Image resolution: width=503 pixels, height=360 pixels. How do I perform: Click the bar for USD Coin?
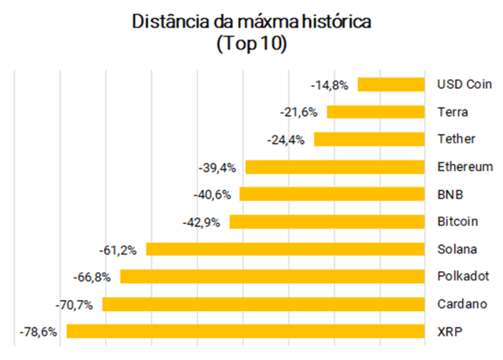[391, 84]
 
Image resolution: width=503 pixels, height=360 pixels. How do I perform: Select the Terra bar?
[376, 112]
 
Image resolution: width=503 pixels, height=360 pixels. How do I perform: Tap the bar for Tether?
[370, 139]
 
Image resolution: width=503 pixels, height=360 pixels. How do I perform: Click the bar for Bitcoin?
[327, 221]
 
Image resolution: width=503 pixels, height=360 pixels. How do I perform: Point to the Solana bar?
[286, 249]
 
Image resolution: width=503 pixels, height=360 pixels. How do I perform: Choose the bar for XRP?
[246, 332]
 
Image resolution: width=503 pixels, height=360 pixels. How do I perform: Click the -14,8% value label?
[331, 84]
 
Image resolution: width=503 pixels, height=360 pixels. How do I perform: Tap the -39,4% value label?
[218, 167]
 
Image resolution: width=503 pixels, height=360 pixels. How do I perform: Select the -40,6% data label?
[213, 195]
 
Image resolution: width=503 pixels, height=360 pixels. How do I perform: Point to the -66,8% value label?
[93, 276]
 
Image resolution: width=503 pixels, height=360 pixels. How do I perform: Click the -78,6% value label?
[39, 332]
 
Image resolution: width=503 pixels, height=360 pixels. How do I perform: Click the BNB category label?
[449, 195]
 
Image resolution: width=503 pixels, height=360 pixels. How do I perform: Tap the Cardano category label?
[462, 304]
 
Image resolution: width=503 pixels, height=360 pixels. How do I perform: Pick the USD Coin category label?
[464, 84]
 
